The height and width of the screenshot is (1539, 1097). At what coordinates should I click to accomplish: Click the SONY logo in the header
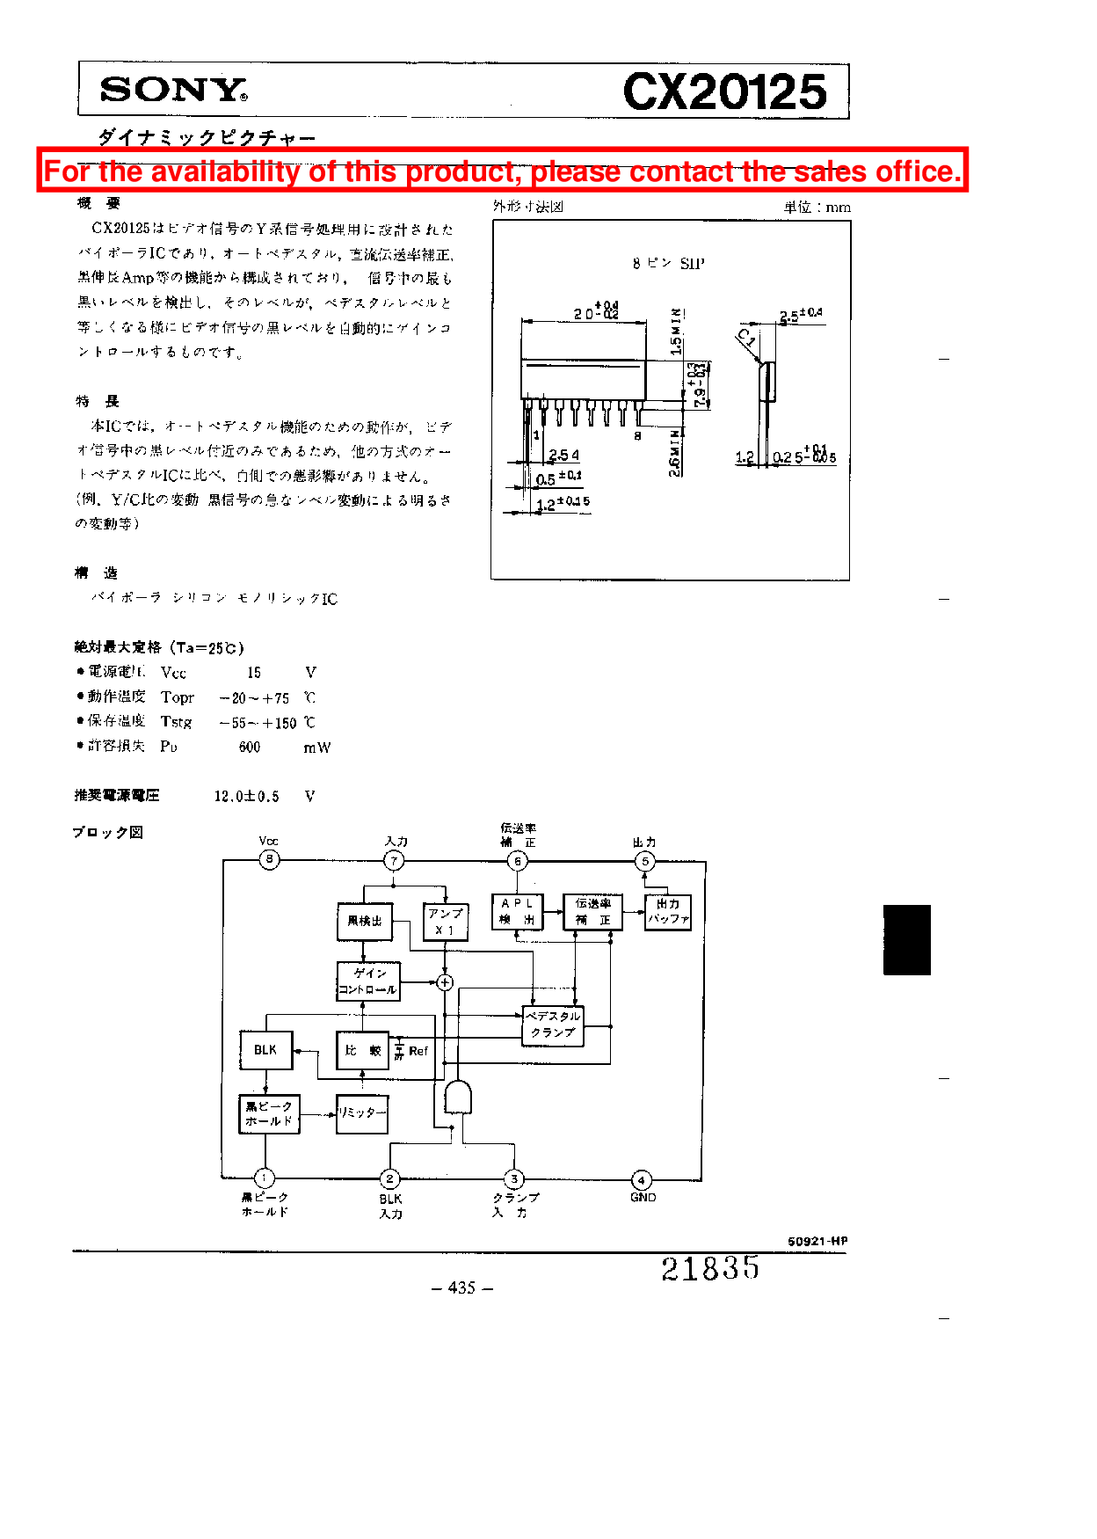tap(173, 90)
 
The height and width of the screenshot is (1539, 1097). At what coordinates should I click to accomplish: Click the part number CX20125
tap(725, 91)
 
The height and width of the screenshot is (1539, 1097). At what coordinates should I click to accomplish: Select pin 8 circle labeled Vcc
tap(269, 859)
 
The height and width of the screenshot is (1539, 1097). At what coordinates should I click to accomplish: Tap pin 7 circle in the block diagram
tap(394, 861)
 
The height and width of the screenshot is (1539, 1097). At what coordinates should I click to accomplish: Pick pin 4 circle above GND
tap(642, 1179)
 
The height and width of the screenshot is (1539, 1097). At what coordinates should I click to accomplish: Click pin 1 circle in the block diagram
tap(264, 1178)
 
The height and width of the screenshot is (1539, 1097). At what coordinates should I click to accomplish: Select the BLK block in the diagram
tap(265, 1050)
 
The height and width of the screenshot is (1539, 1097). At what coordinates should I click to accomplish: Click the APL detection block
tap(517, 911)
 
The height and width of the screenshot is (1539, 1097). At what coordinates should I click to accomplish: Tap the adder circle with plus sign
tap(445, 982)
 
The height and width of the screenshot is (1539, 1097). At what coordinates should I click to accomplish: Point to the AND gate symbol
tap(458, 1098)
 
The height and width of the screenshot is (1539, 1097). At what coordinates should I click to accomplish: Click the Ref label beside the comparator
tap(418, 1051)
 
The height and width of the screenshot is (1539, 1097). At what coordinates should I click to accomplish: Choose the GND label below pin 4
tap(643, 1198)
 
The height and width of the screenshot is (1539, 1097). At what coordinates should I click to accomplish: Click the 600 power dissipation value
tap(250, 748)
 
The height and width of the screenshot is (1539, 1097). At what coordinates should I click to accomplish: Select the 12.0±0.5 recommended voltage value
tap(247, 796)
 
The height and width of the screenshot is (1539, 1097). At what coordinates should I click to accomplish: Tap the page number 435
tap(462, 1287)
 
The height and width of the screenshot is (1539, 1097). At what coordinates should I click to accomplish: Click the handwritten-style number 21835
tap(710, 1268)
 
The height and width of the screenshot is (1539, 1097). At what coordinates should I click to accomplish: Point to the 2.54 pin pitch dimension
tap(563, 456)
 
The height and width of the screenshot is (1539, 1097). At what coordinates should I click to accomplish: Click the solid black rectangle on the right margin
tap(906, 939)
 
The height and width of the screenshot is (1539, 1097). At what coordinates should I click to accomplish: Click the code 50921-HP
tap(817, 1241)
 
